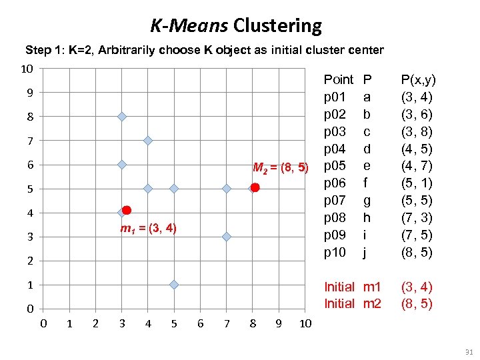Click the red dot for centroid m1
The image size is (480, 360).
[x=127, y=210]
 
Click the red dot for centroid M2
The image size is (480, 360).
[x=255, y=188]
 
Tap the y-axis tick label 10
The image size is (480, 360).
[x=27, y=69]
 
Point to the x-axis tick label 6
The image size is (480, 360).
[x=199, y=324]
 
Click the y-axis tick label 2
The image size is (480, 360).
[x=30, y=261]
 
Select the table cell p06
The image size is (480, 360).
[x=335, y=183]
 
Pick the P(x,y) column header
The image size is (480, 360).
[x=419, y=80]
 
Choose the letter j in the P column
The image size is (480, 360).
[x=365, y=253]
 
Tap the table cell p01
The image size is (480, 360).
[x=335, y=97]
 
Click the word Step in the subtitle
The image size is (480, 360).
[x=37, y=50]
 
